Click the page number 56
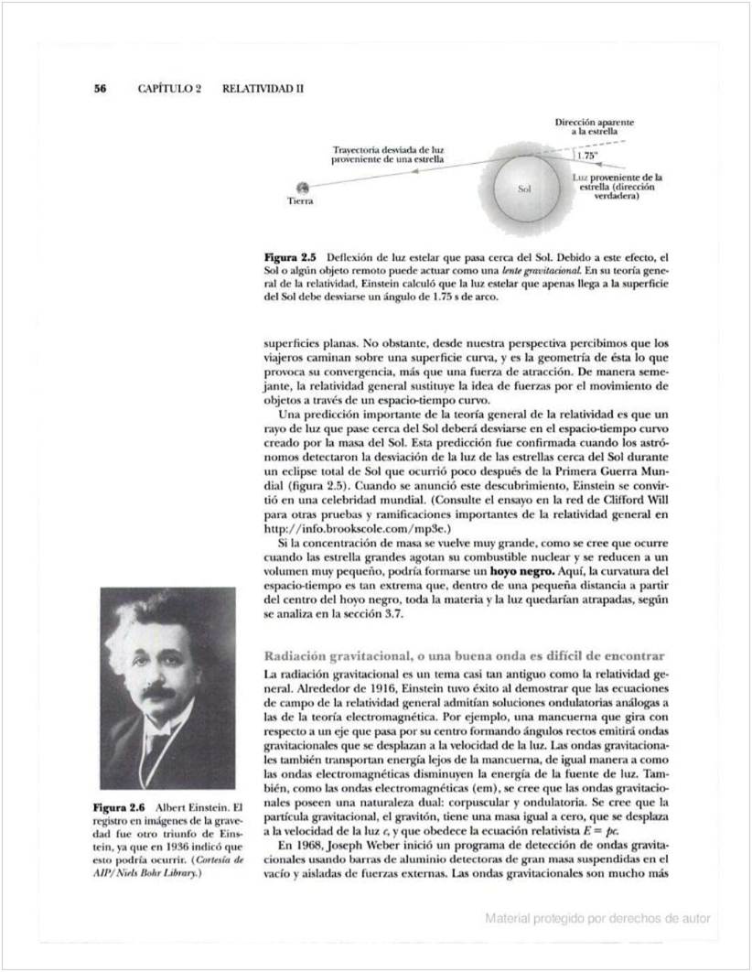click(x=100, y=89)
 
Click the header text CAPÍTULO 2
click(x=169, y=89)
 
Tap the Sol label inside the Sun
click(x=525, y=190)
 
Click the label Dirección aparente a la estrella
click(x=596, y=126)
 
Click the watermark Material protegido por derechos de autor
click(x=597, y=918)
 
